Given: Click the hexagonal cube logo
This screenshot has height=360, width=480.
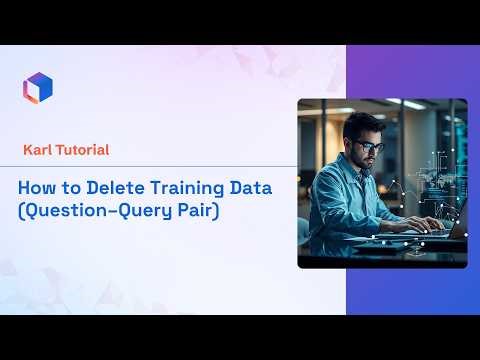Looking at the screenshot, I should [x=37, y=87].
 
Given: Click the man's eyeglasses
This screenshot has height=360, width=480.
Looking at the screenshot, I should [x=367, y=146].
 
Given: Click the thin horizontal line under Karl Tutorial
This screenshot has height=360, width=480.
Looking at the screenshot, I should [x=150, y=166].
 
